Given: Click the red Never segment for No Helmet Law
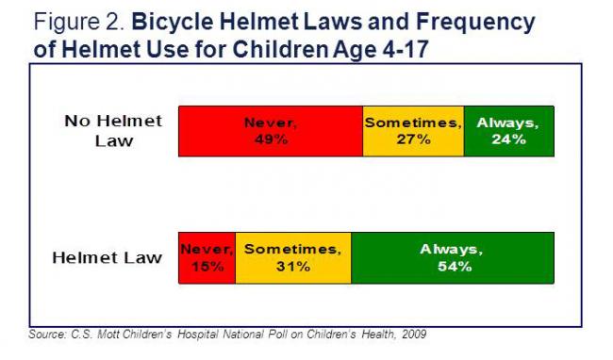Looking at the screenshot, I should click(271, 131).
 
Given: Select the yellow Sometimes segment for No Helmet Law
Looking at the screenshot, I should click(413, 131).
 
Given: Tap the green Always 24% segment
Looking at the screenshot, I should click(508, 131).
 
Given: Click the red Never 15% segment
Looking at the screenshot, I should click(207, 257).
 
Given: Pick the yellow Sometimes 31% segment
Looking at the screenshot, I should click(292, 257).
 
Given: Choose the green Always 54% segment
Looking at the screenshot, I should click(453, 257).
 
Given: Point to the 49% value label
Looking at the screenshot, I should click(271, 139).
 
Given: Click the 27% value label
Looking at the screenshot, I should click(413, 139).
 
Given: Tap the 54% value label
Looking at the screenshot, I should click(453, 267).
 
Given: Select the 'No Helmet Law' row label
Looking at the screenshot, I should click(113, 131).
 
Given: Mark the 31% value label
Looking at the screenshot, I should click(292, 267).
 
